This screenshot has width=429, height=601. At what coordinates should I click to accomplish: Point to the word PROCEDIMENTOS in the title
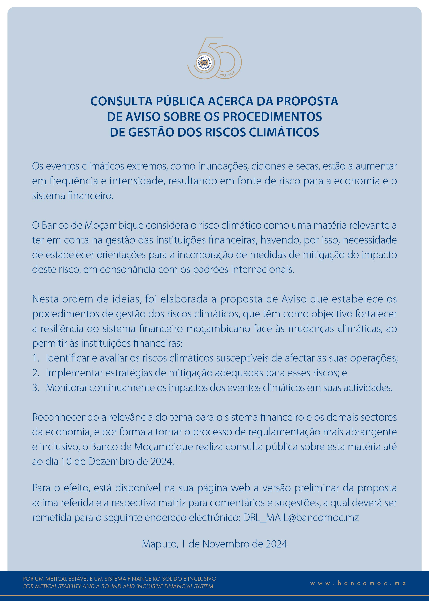click(x=272, y=117)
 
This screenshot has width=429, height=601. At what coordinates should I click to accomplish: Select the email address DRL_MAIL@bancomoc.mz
click(x=301, y=518)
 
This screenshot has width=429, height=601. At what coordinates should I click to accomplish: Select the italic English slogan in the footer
click(x=118, y=586)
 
